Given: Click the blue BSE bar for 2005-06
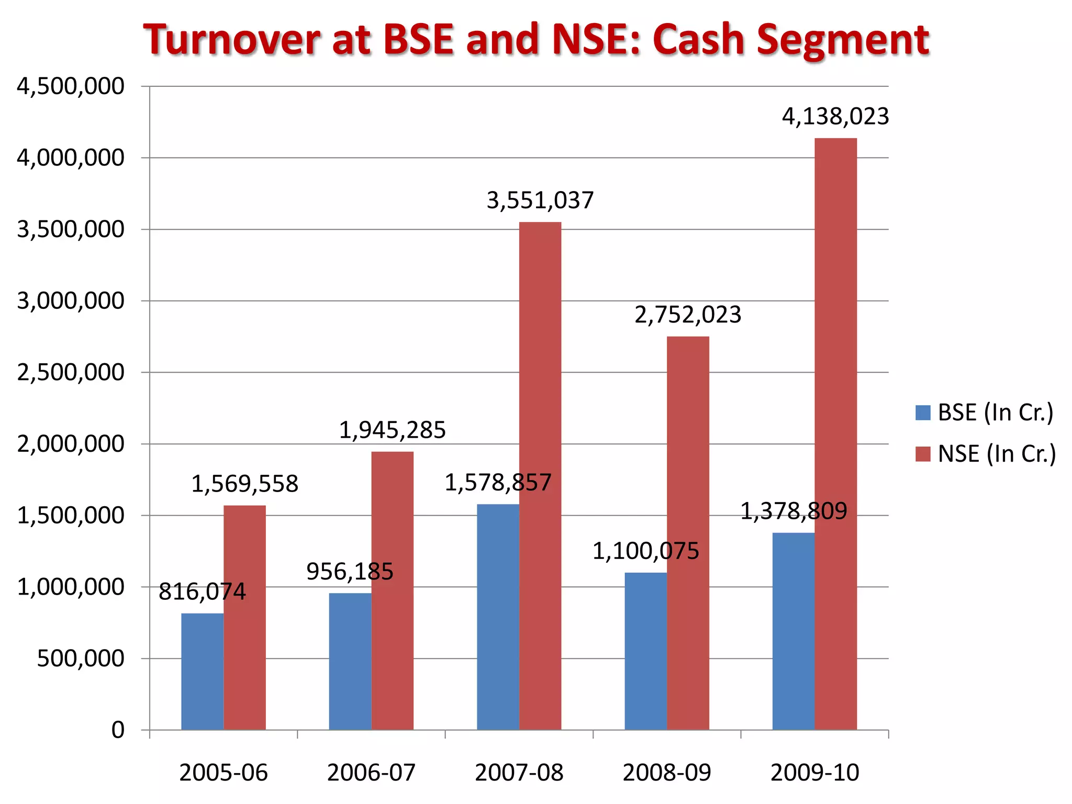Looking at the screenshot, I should coord(202,672).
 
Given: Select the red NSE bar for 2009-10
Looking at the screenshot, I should coord(835,434).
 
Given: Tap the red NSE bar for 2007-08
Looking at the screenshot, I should coord(540,476).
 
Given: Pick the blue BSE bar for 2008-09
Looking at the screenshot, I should coord(645,651).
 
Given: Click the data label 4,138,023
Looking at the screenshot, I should coord(835,116).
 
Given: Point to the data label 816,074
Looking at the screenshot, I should coord(202,592).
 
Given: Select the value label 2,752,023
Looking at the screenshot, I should coord(688,315).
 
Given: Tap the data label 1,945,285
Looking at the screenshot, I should coord(392,430).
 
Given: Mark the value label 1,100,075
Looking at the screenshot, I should coord(645,551).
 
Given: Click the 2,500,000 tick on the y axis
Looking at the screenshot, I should coord(71,373).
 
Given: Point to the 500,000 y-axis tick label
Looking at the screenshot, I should coord(80,658).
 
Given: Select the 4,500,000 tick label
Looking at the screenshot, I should coord(71,86).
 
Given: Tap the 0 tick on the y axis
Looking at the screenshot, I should coord(118,730).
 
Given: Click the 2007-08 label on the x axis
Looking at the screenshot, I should coord(519,773).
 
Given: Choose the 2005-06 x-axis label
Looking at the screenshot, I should coord(224,773).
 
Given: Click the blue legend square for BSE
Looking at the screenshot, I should coord(923,412).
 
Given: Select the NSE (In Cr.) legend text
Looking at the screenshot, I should coord(997,454).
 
